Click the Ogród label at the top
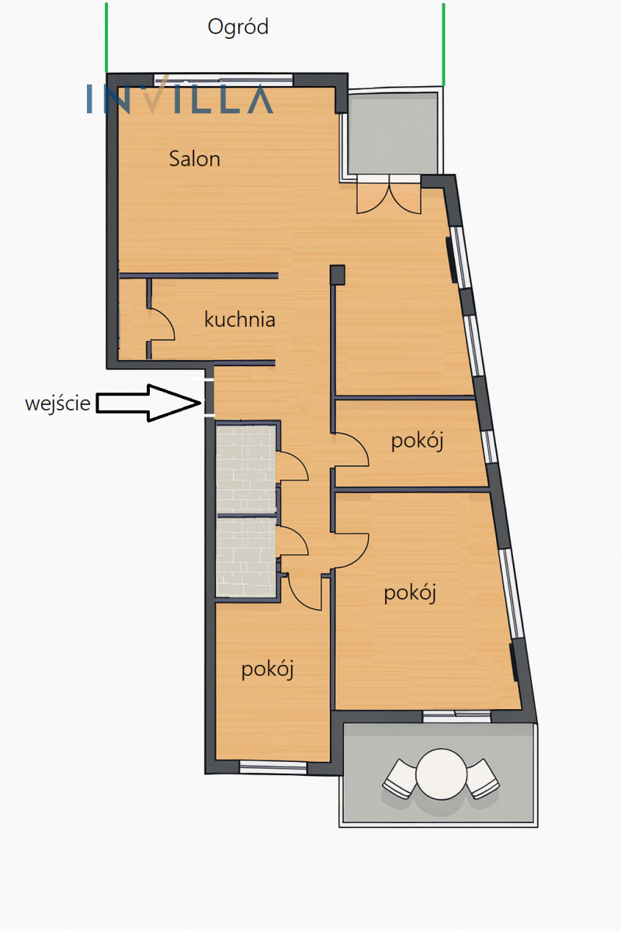(x=238, y=27)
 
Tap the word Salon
(x=195, y=159)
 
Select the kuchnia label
(x=240, y=319)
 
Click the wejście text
(x=57, y=403)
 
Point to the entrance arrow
(x=148, y=403)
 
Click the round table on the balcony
(x=442, y=774)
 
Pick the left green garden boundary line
(x=106, y=38)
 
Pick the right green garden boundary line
(x=443, y=45)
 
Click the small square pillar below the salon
(x=338, y=275)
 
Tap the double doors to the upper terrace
(x=389, y=194)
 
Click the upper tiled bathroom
(x=246, y=469)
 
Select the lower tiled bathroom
(x=246, y=557)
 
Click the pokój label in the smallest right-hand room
(x=417, y=441)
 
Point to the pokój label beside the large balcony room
(x=410, y=593)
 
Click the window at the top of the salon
(x=224, y=79)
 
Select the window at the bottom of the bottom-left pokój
(x=273, y=767)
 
